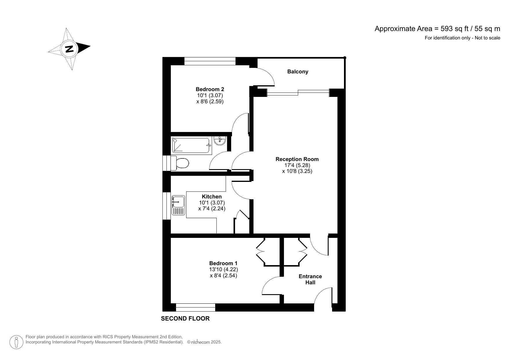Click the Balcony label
pyautogui.click(x=298, y=72)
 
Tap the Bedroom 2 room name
pyautogui.click(x=210, y=89)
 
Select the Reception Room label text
pyautogui.click(x=297, y=159)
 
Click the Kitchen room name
pyautogui.click(x=212, y=197)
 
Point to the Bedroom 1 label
pyautogui.click(x=223, y=263)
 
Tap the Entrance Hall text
pyautogui.click(x=310, y=279)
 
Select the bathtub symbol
pyautogui.click(x=191, y=145)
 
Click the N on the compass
pyautogui.click(x=69, y=49)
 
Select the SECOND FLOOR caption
pyautogui.click(x=185, y=319)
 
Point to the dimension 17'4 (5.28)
pyautogui.click(x=297, y=165)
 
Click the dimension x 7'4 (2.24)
pyautogui.click(x=212, y=209)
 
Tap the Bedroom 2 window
pyautogui.click(x=210, y=61)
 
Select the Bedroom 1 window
pyautogui.click(x=195, y=307)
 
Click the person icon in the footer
pyautogui.click(x=17, y=342)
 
